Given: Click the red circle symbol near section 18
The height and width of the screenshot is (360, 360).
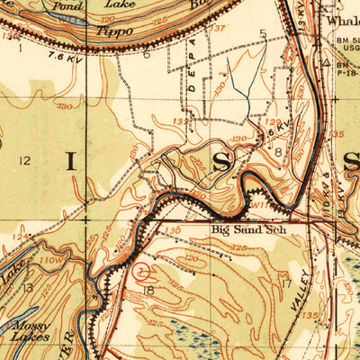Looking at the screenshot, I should [141, 269].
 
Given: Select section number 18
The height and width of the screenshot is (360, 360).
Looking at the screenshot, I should [149, 291].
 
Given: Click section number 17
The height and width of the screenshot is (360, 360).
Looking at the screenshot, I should [286, 284].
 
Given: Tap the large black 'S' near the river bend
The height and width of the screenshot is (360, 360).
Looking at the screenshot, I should [222, 162].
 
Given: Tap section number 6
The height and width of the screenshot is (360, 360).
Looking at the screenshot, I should [145, 53].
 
